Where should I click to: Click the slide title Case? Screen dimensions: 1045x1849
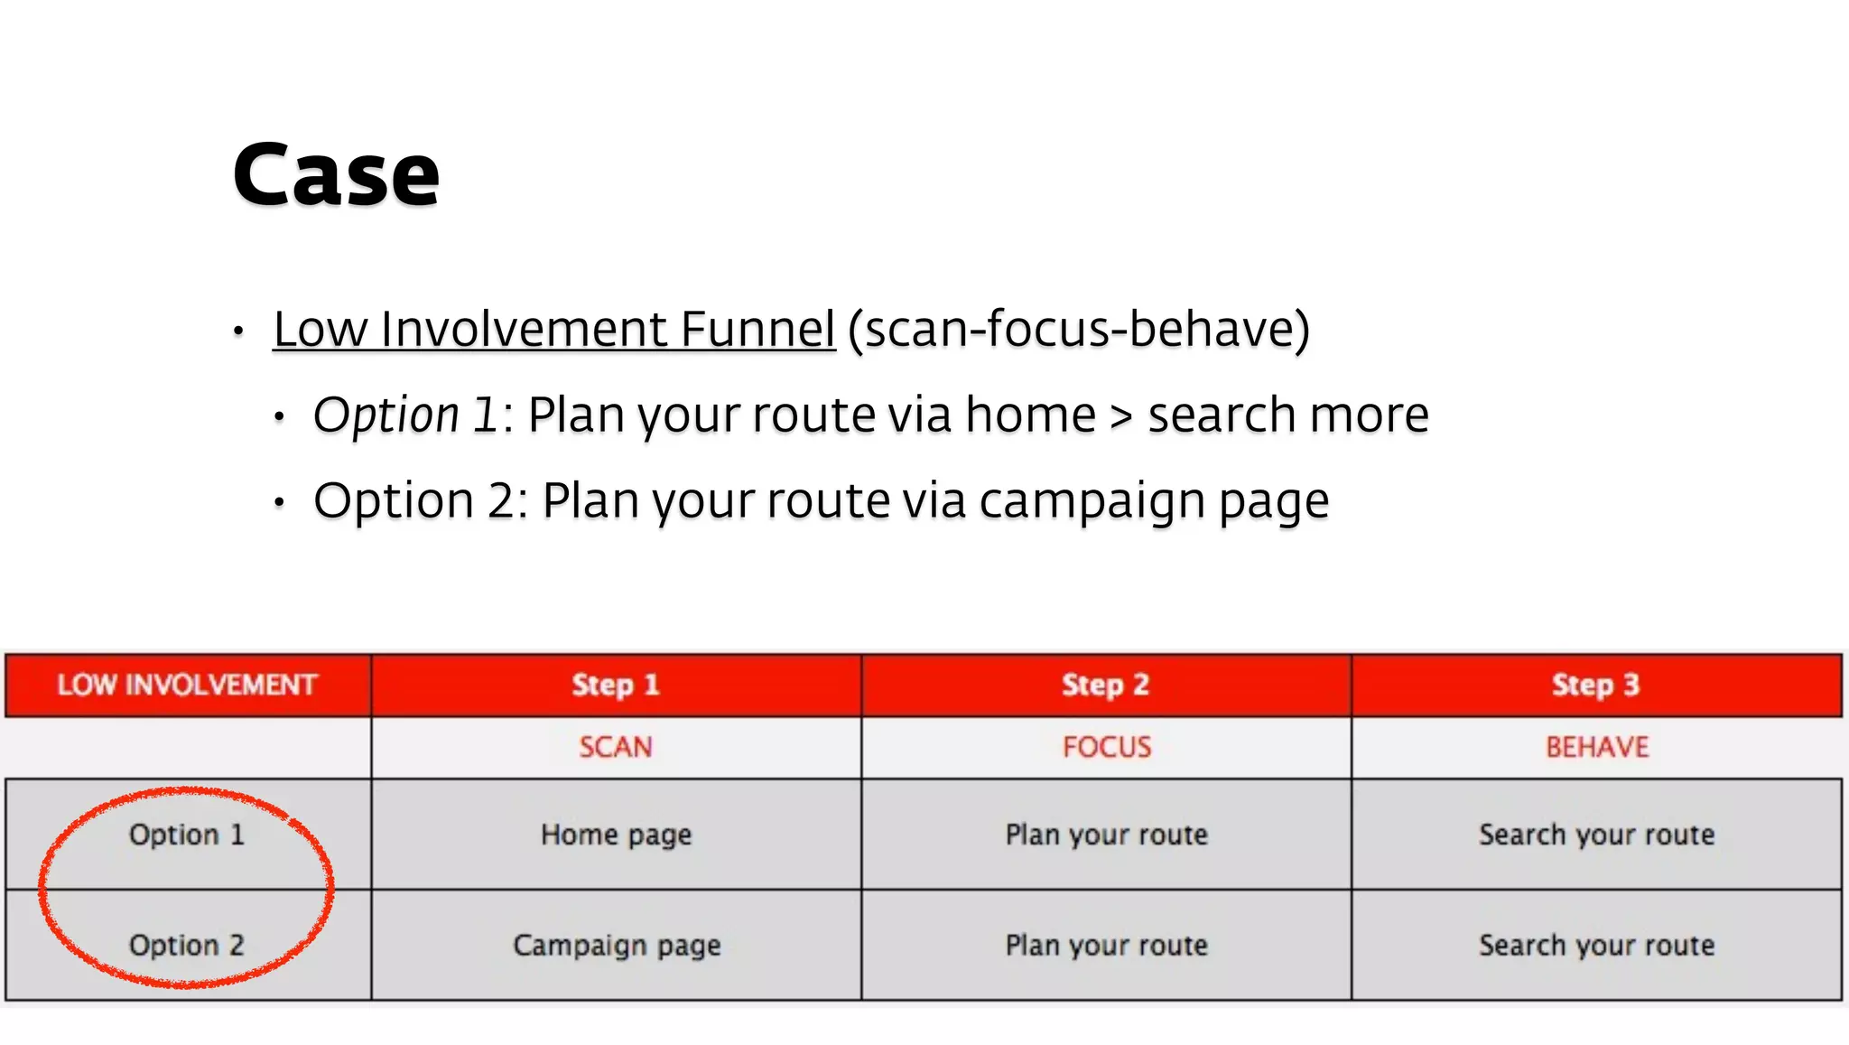pyautogui.click(x=336, y=175)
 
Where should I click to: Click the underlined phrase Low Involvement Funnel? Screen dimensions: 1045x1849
pyautogui.click(x=553, y=329)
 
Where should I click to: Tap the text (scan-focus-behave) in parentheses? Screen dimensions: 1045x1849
pyautogui.click(x=1079, y=329)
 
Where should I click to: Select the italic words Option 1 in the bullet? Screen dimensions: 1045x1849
pyautogui.click(x=405, y=415)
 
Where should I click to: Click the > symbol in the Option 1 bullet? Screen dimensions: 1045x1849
pyautogui.click(x=1121, y=416)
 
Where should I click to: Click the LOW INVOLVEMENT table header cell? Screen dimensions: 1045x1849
pyautogui.click(x=188, y=685)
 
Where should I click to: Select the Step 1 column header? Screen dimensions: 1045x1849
pyautogui.click(x=616, y=685)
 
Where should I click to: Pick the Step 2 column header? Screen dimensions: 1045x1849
pyautogui.click(x=1106, y=685)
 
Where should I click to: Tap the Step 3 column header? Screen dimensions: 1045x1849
pyautogui.click(x=1595, y=685)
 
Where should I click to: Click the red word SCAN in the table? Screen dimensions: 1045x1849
pyautogui.click(x=616, y=747)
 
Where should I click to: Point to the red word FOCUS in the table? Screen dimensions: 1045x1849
pyautogui.click(x=1107, y=747)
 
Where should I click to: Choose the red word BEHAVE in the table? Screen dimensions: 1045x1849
pyautogui.click(x=1597, y=747)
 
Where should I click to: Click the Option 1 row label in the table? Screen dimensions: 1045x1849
pyautogui.click(x=187, y=835)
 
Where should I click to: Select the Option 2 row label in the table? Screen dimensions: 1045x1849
pyautogui.click(x=187, y=945)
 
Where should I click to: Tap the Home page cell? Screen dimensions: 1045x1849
pyautogui.click(x=616, y=835)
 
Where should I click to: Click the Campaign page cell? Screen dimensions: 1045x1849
pyautogui.click(x=617, y=946)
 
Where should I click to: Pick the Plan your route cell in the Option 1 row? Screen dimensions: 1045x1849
pyautogui.click(x=1107, y=835)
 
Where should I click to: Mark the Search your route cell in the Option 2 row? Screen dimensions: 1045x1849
pyautogui.click(x=1596, y=946)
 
